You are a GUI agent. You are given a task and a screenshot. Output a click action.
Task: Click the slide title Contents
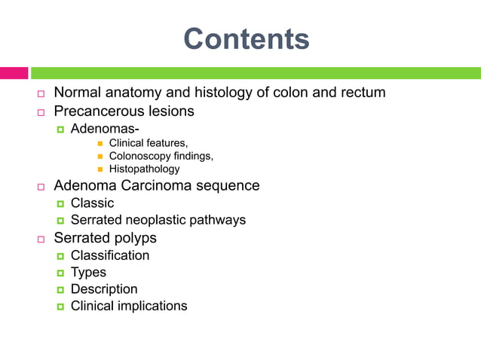tap(246, 38)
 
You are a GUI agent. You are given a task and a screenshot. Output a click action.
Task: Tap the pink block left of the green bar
tap(14, 73)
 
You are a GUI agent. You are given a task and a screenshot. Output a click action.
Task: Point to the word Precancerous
tap(97, 111)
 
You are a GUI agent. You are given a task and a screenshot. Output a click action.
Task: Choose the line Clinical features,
tap(149, 142)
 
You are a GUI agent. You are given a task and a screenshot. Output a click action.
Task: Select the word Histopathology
tap(145, 169)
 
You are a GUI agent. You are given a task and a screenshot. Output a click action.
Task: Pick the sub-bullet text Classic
tap(92, 203)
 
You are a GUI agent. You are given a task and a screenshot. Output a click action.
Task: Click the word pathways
tap(219, 220)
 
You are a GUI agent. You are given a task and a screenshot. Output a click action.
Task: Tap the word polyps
tap(135, 238)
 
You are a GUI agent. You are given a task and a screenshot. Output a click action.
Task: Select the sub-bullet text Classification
tap(110, 255)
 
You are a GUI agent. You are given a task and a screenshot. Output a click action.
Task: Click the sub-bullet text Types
tap(88, 272)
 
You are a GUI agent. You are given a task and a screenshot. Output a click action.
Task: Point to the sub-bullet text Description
tap(104, 289)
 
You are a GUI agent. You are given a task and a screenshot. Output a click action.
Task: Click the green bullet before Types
tap(60, 273)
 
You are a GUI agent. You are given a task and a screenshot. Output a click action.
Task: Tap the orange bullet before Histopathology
tap(100, 169)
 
